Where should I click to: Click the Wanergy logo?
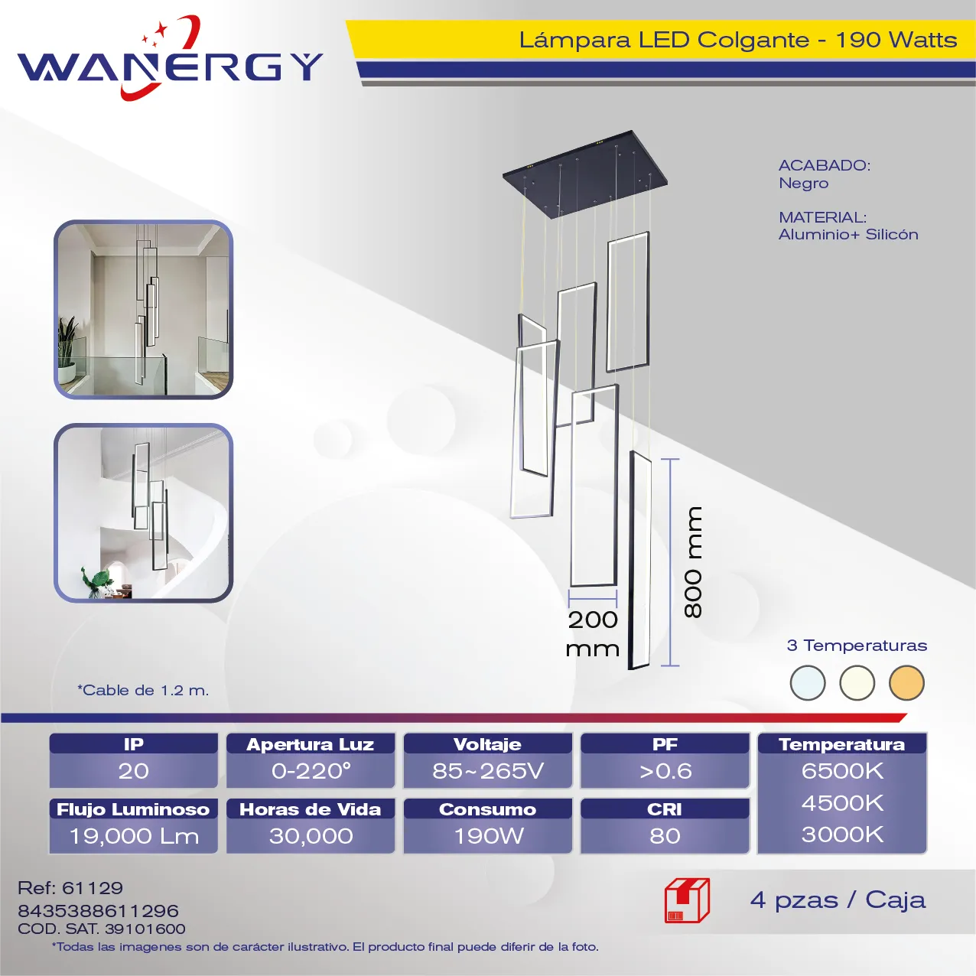click(170, 58)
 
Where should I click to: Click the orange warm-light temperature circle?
click(906, 683)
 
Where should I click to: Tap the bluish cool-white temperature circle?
click(807, 683)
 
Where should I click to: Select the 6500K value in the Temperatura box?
click(842, 771)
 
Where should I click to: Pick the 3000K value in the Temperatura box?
click(842, 834)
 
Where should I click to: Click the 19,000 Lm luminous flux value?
click(134, 836)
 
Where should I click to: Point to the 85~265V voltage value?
click(488, 771)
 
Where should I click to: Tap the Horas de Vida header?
click(310, 809)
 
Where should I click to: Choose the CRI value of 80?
click(665, 836)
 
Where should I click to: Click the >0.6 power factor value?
click(665, 771)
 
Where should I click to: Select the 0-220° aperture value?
click(311, 771)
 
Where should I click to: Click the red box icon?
click(687, 900)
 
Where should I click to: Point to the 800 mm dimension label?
click(692, 562)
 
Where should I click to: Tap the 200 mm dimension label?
click(592, 634)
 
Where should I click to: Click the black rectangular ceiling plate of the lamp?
click(585, 174)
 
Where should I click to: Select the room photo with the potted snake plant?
click(143, 310)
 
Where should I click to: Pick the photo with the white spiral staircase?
click(143, 513)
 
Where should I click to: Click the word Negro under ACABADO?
click(803, 184)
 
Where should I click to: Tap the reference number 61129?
click(93, 888)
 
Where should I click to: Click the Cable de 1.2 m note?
click(143, 690)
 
